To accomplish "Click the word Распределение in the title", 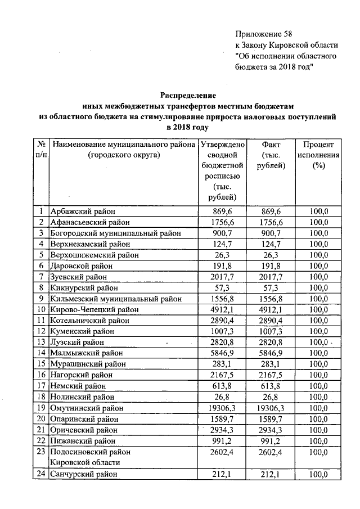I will coord(188,96).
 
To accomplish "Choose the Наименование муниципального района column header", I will coord(124,149).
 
